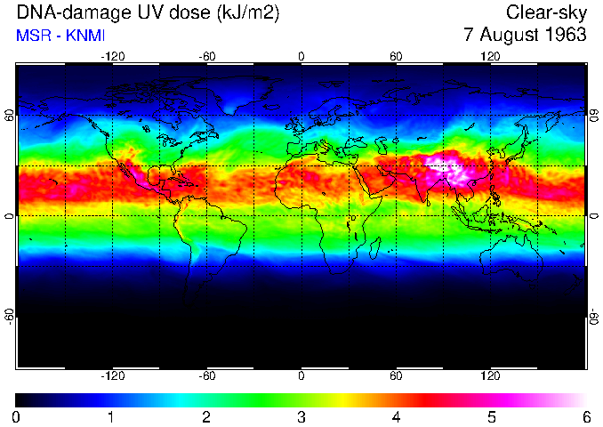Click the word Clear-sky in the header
(x=546, y=12)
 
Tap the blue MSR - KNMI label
(x=61, y=36)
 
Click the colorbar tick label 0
(x=16, y=416)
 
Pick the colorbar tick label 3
(x=301, y=416)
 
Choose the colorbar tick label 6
(x=586, y=416)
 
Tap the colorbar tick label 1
(x=111, y=416)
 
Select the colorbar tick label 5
(x=491, y=416)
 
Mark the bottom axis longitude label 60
(x=396, y=376)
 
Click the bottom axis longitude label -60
(x=206, y=376)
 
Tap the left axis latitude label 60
(x=9, y=117)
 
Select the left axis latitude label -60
(x=9, y=314)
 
